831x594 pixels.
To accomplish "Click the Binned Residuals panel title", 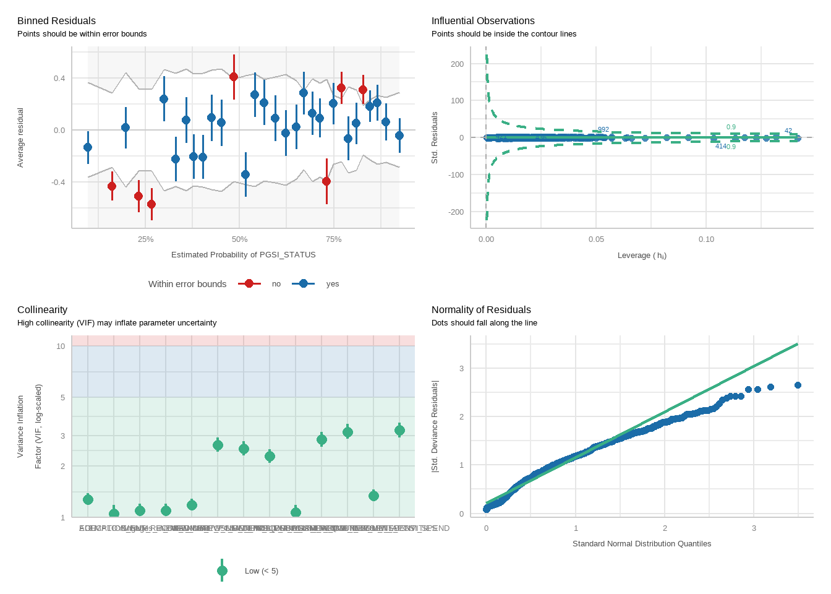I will (x=56, y=21).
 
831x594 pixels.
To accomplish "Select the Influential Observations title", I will (x=483, y=21).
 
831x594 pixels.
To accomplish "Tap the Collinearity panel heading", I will (x=42, y=310).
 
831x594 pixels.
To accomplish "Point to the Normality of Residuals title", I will (x=481, y=310).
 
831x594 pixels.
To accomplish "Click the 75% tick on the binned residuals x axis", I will (x=333, y=239).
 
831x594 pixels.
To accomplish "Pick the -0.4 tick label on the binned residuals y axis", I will (x=59, y=182).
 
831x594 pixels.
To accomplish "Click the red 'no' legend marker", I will (x=249, y=283).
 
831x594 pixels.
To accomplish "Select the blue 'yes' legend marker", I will (x=303, y=283).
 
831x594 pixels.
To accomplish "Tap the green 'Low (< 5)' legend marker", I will (x=223, y=570).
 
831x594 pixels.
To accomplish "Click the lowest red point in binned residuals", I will (x=151, y=204).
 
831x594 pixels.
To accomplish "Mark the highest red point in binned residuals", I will (x=234, y=77).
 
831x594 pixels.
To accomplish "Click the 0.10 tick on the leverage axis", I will (x=706, y=239).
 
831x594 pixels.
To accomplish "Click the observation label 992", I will (x=603, y=130).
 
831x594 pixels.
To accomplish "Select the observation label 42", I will (x=788, y=131).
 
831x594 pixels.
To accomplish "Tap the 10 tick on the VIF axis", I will (x=61, y=346).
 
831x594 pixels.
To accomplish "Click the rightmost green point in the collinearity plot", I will (x=399, y=431).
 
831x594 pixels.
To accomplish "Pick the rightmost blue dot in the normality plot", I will (x=798, y=385).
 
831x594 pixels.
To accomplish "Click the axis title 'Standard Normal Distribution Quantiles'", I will (x=642, y=544).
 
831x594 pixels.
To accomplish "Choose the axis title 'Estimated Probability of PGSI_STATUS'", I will (x=243, y=255).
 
